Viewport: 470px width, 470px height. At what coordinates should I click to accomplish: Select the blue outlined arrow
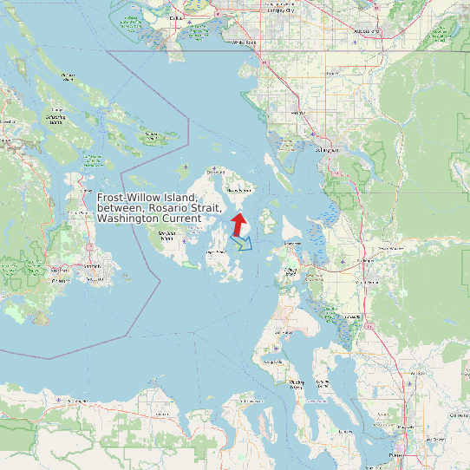(244, 242)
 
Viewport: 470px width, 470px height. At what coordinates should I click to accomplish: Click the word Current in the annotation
(184, 219)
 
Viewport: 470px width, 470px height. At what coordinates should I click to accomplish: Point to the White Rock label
(245, 41)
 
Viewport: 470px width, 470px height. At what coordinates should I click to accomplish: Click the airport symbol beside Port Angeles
(59, 400)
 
